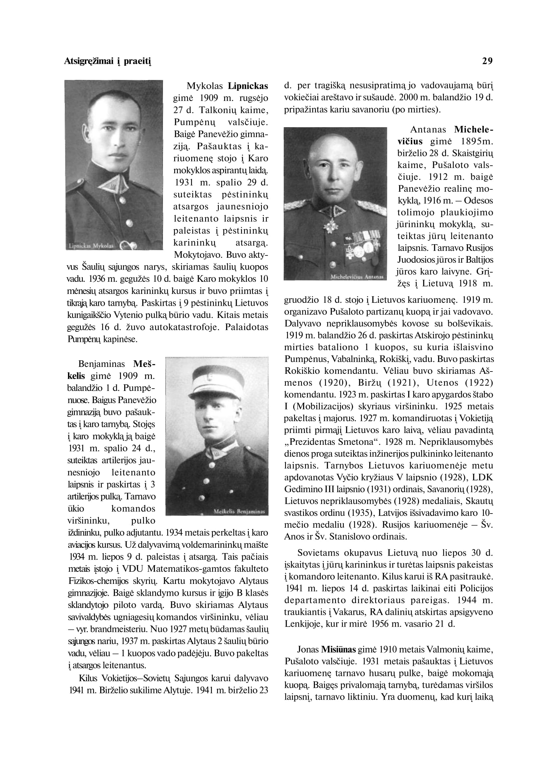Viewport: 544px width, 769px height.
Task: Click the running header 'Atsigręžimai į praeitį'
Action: click(x=107, y=61)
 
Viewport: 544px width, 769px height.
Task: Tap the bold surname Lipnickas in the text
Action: click(x=248, y=86)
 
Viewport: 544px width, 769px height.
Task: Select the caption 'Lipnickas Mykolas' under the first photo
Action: click(x=91, y=246)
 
